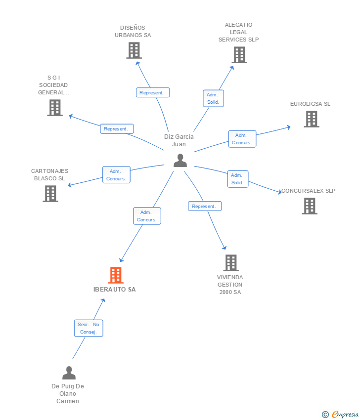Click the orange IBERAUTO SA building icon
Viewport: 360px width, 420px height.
[115, 275]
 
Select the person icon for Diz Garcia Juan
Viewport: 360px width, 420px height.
[180, 160]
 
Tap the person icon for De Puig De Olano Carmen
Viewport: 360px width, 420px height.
[69, 373]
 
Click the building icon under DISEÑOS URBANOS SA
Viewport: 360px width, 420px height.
[134, 50]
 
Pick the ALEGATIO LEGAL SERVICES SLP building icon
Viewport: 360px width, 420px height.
[239, 55]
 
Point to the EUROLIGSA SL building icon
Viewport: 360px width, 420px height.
[311, 119]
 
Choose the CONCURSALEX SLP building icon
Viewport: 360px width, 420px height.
[310, 206]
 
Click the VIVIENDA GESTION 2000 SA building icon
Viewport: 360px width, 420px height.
[230, 263]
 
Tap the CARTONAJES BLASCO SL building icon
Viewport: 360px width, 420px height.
[50, 194]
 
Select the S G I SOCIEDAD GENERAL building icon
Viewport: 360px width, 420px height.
[54, 108]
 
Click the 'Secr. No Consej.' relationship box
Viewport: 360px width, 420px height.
[89, 328]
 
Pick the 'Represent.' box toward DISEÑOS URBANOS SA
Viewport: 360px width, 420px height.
[153, 92]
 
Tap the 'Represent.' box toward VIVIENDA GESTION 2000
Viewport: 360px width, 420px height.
[205, 206]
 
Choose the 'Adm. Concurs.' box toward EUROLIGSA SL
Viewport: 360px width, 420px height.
[242, 139]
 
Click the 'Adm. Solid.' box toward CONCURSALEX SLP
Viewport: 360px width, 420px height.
[237, 179]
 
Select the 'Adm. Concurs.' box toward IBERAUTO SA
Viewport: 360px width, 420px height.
[147, 216]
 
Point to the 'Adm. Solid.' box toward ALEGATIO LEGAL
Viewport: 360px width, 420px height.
[214, 98]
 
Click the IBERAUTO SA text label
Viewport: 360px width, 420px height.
[115, 290]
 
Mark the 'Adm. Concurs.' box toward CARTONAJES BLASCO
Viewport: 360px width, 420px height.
[116, 175]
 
